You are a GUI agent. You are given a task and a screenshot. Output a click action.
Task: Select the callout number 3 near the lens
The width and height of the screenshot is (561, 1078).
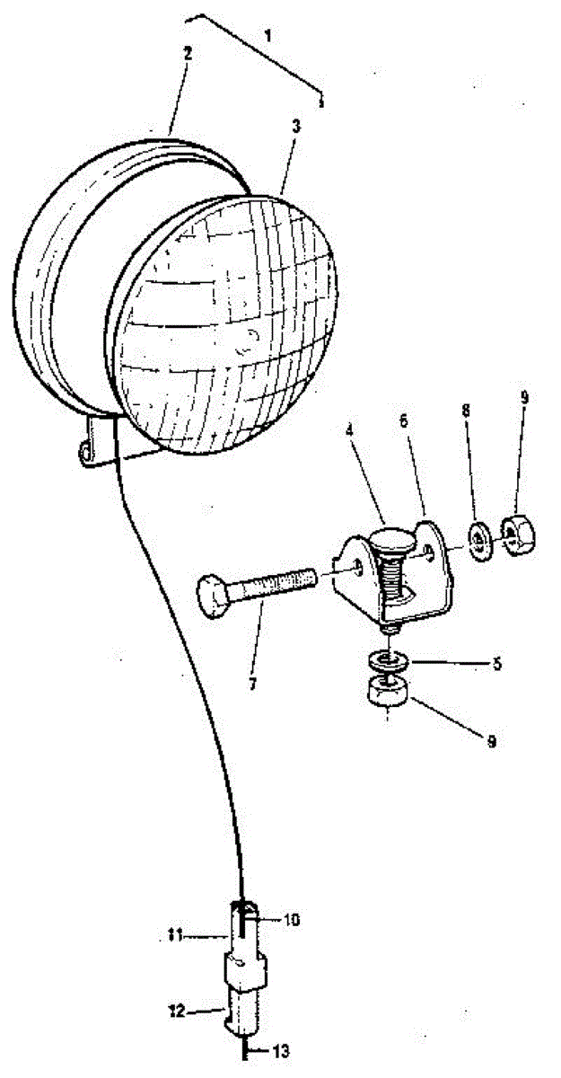297,127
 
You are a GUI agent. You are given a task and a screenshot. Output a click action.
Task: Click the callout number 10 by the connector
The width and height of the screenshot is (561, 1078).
294,920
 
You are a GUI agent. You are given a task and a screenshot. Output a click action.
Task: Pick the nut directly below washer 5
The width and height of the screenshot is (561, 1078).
385,694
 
